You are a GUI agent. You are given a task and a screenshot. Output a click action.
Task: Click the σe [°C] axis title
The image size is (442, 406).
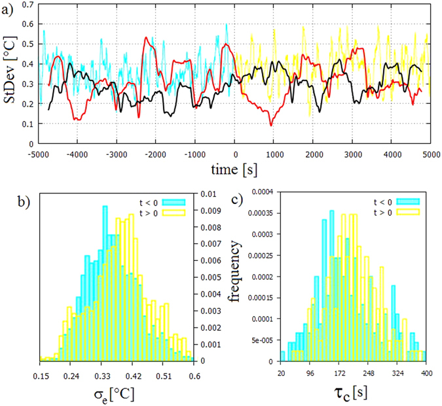[117, 393]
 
